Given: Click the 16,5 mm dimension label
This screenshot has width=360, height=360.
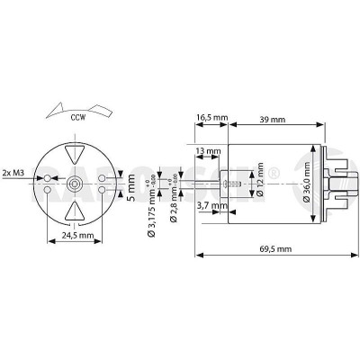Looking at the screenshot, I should tap(212, 117).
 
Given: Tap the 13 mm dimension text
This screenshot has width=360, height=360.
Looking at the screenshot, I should tap(206, 150).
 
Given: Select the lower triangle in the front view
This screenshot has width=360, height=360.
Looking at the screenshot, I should tap(76, 211).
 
